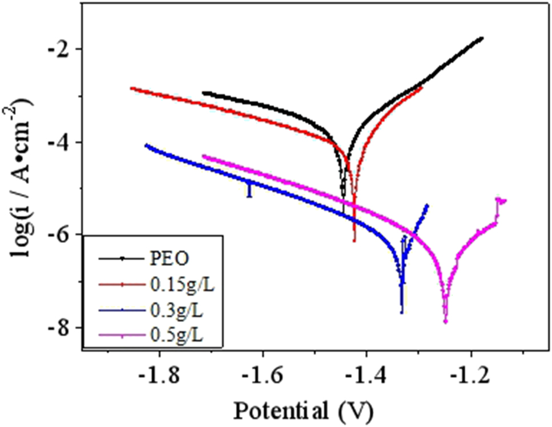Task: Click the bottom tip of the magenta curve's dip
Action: (x=445, y=323)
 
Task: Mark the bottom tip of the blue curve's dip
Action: (x=402, y=313)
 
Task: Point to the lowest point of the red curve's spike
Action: (x=354, y=241)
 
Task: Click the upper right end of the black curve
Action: (x=482, y=38)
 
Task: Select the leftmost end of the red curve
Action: (x=131, y=88)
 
